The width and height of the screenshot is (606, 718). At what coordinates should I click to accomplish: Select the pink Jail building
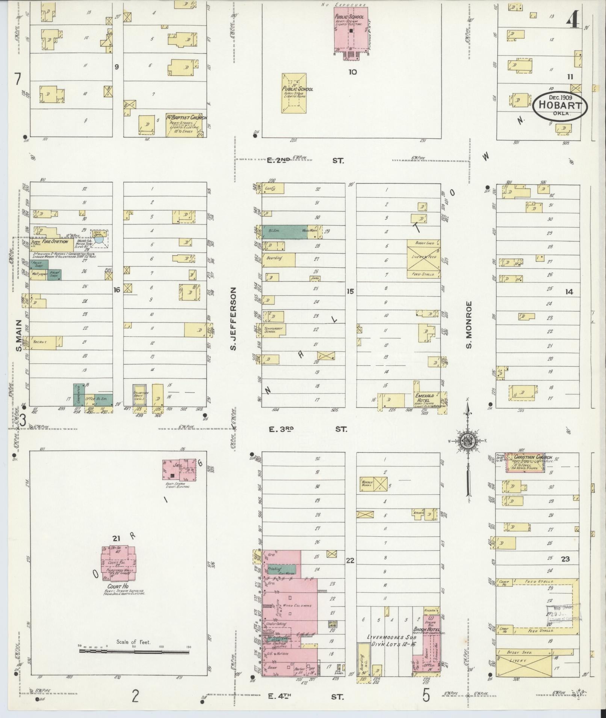pos(178,470)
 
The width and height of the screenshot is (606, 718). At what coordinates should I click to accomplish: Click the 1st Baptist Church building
pos(186,125)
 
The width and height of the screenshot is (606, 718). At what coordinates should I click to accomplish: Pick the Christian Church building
pos(525,462)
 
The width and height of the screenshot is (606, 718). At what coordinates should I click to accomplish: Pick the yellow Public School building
pos(294,93)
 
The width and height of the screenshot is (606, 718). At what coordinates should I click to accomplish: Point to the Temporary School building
pos(275,330)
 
